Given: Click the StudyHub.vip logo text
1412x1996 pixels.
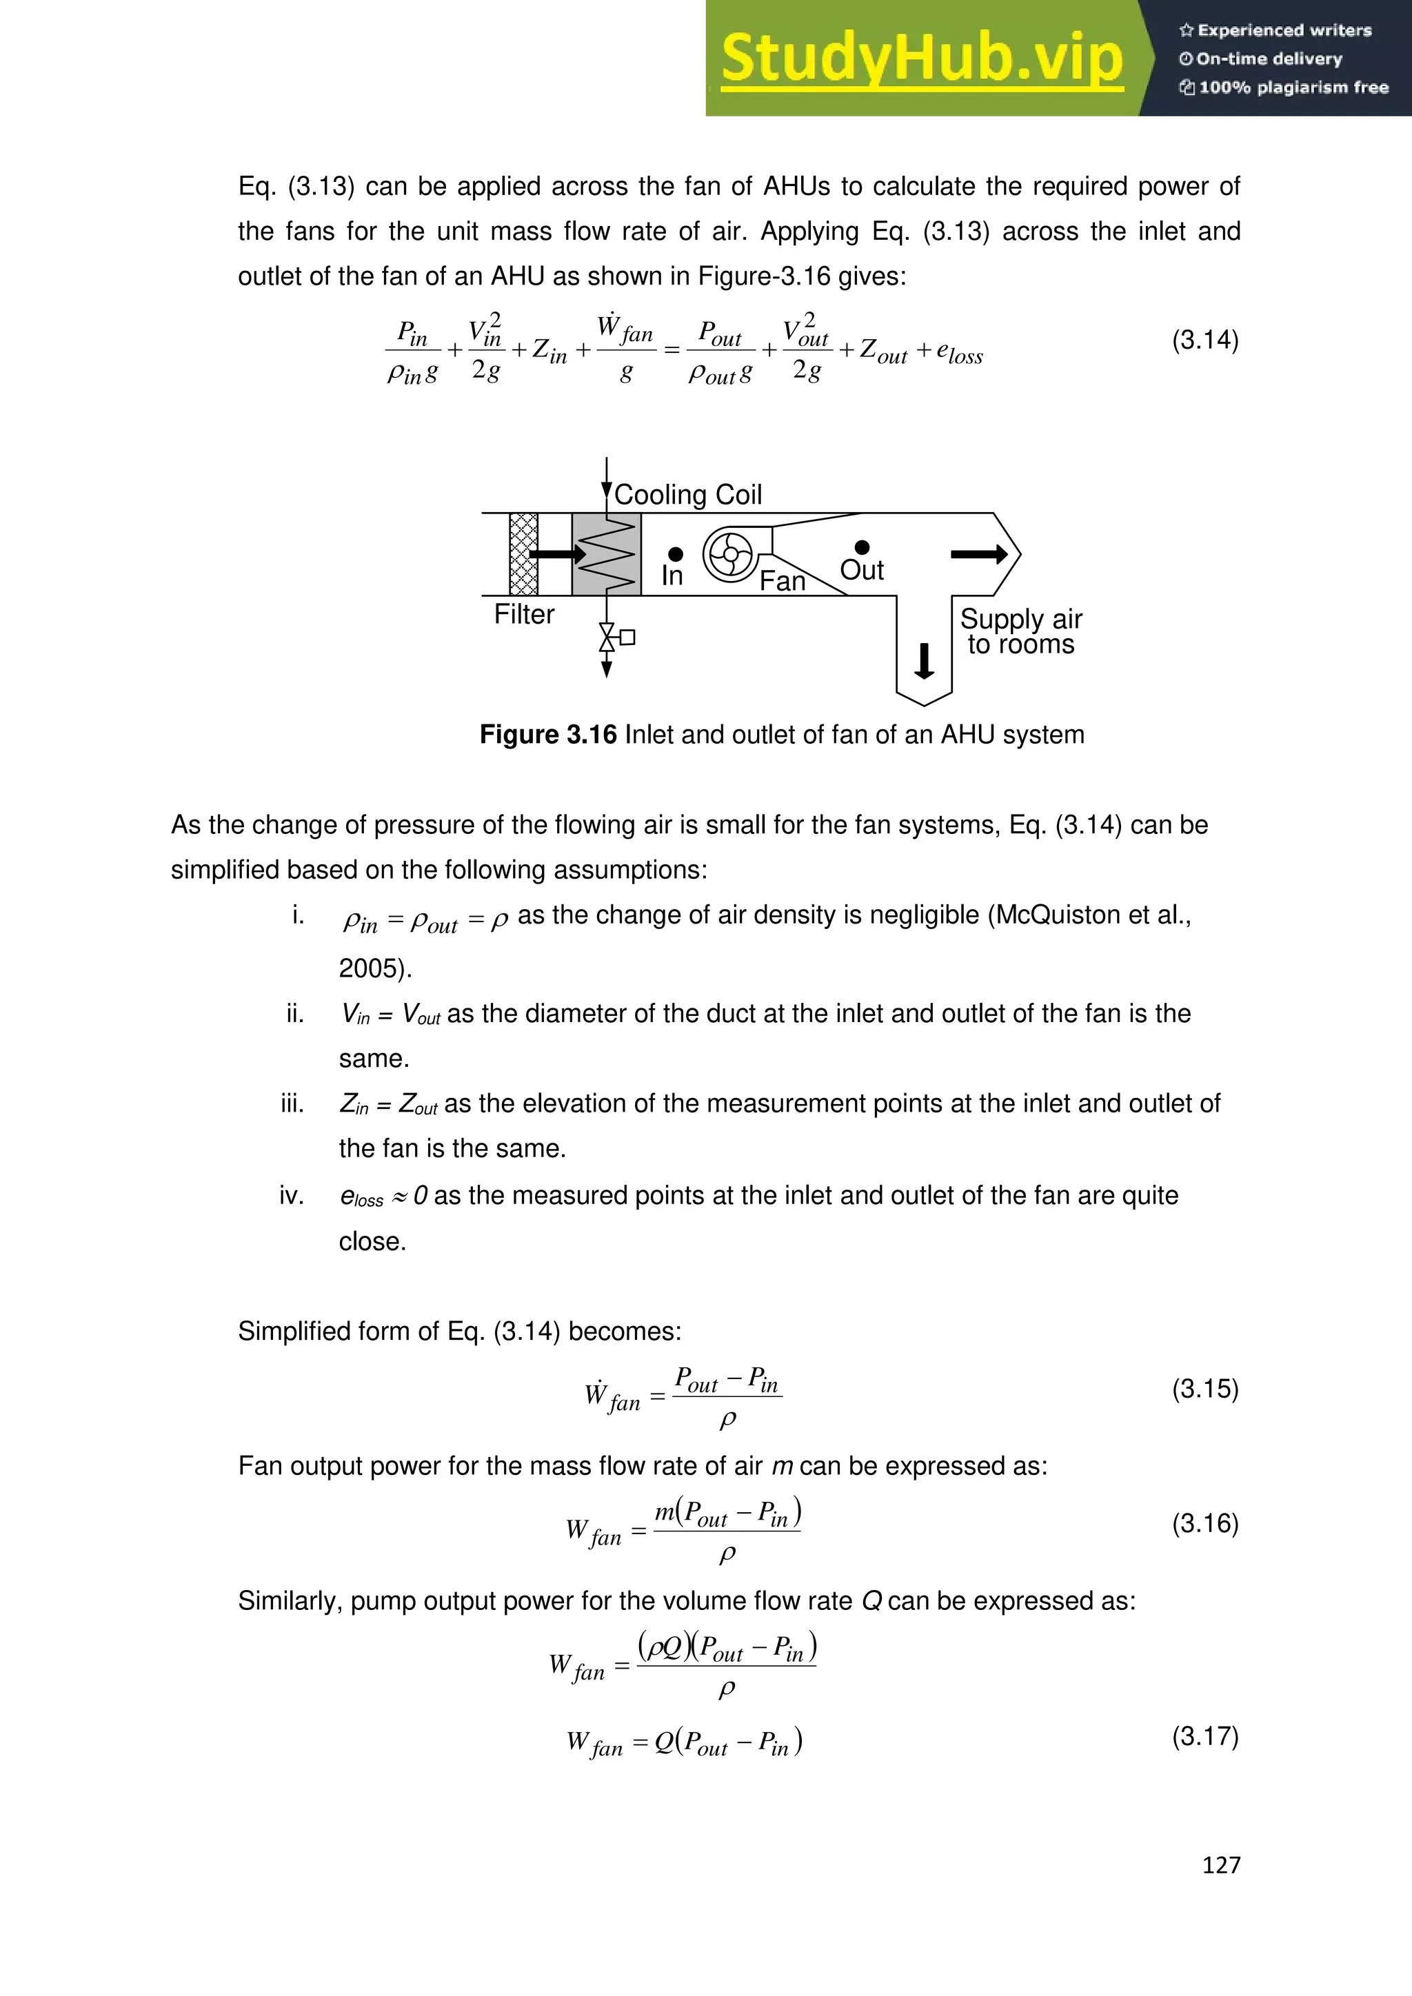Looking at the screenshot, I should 922,59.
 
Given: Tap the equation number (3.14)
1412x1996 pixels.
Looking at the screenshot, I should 1204,339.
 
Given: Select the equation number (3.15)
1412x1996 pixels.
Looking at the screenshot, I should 1204,1388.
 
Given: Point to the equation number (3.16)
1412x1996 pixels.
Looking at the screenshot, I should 1204,1523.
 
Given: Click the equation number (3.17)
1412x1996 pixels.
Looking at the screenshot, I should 1204,1736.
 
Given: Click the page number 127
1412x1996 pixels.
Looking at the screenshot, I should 1221,1865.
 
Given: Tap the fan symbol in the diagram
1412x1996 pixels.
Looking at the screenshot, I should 729,555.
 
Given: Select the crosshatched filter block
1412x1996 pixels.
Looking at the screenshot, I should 523,553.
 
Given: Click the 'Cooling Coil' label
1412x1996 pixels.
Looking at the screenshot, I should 688,495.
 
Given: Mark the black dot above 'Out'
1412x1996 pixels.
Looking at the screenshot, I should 862,547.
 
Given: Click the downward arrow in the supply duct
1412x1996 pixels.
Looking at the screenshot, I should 925,661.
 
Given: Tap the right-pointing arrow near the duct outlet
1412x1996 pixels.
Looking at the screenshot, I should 979,553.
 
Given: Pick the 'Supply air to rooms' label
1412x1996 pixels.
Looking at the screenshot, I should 1021,631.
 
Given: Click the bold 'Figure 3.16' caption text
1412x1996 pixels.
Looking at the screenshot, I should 547,735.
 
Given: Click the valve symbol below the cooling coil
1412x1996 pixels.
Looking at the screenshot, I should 607,638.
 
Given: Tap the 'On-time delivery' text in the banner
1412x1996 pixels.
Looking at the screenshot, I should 1269,59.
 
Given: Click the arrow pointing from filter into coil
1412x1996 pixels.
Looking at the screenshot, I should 557,553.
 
